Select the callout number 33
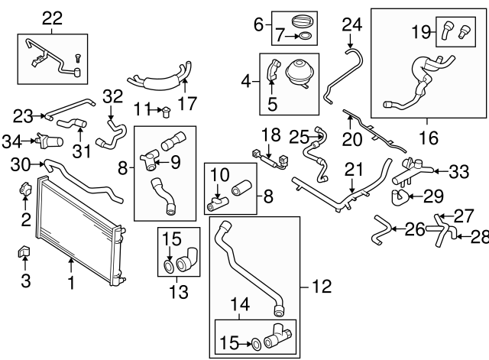click(x=458, y=173)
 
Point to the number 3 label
click(x=25, y=281)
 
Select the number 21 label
click(x=352, y=167)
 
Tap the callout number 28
click(x=480, y=238)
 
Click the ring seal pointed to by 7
click(x=303, y=35)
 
